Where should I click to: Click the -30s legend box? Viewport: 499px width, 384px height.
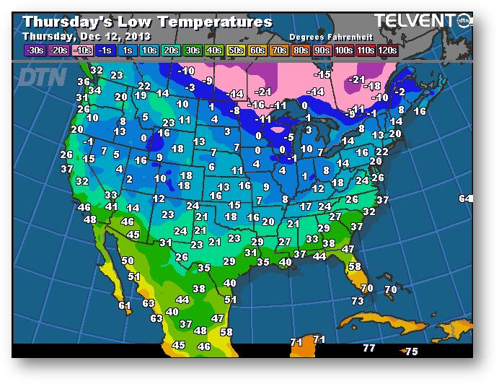35,50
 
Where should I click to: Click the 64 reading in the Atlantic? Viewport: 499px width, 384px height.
465,198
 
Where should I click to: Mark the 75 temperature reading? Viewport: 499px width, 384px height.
411,352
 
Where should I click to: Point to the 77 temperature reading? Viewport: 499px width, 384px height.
369,348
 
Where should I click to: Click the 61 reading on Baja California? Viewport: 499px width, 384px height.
125,305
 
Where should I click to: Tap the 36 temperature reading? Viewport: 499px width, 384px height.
84,82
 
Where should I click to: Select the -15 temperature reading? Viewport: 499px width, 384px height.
322,74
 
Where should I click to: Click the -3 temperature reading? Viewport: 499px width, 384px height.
190,87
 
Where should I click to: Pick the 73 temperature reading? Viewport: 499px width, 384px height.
358,301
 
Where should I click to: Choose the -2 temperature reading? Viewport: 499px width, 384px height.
399,92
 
